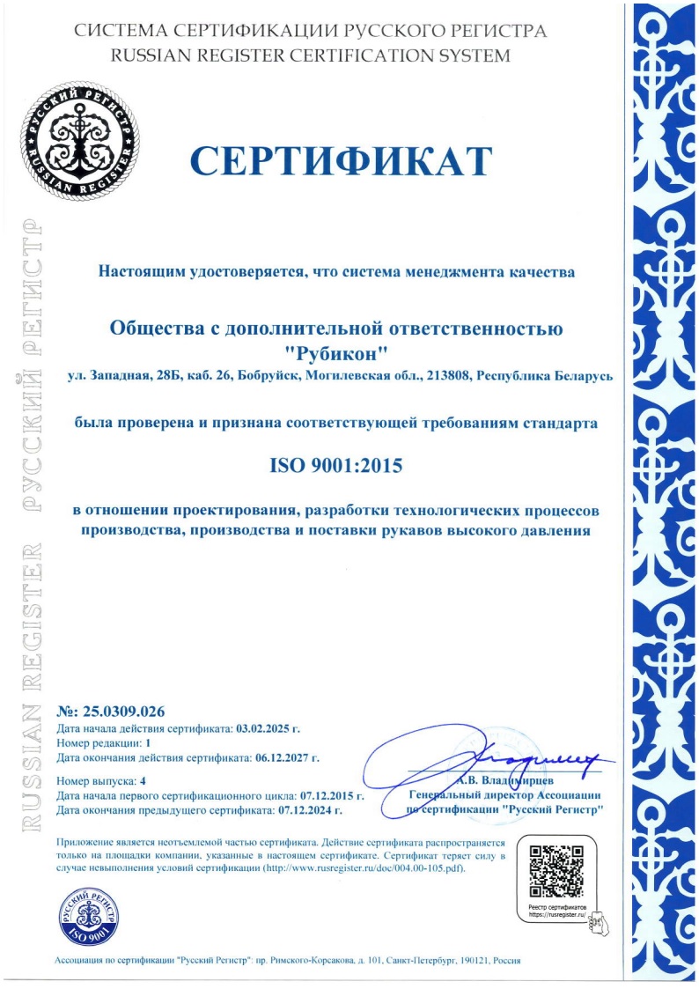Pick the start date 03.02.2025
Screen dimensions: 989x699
263,729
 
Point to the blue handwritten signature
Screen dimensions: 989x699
493,757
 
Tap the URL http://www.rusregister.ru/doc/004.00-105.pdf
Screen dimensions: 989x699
368,867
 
